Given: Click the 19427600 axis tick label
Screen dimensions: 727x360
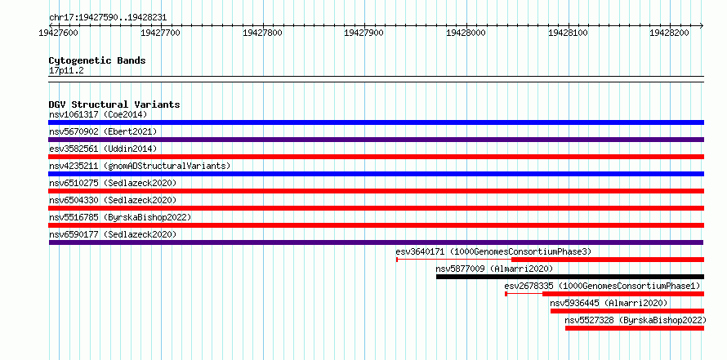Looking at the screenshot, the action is click(59, 33).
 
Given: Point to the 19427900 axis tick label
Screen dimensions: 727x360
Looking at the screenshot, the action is click(364, 33).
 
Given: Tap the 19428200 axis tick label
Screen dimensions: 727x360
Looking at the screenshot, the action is click(670, 33).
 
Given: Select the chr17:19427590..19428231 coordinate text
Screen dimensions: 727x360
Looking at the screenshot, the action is click(108, 18).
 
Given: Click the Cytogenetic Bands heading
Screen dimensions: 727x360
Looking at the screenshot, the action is click(97, 60).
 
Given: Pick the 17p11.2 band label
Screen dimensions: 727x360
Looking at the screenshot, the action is click(66, 71).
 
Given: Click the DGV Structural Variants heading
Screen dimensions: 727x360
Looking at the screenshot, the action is click(114, 104).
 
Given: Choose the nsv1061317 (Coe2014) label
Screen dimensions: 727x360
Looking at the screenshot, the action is click(98, 114).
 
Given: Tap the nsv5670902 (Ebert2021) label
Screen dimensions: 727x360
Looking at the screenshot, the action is click(103, 131).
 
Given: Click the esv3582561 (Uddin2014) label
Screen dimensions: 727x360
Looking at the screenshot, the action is click(103, 149).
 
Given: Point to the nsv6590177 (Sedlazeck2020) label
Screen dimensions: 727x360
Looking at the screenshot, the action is click(113, 234).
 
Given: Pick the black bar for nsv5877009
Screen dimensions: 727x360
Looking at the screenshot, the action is click(570, 277).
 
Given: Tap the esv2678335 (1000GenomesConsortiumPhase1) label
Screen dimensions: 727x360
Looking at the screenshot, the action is click(602, 286).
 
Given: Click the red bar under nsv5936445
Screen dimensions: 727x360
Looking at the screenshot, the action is click(627, 311).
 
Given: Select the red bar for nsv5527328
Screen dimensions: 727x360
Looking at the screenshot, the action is click(634, 328).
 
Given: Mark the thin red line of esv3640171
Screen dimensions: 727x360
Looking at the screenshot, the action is click(454, 260).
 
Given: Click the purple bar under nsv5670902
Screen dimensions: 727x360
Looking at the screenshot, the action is click(377, 140).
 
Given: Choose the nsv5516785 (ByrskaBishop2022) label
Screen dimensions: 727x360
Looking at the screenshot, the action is click(120, 217).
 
